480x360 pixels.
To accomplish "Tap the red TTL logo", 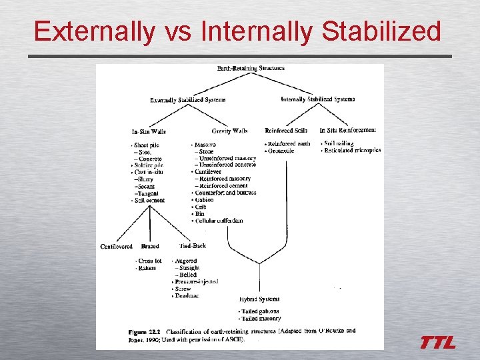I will coord(437,343).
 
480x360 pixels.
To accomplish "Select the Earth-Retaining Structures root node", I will coord(251,68).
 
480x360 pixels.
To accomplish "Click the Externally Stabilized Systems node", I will coord(187,101).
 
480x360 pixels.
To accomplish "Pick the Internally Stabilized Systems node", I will coord(318,99).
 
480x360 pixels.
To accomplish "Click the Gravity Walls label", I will coord(229,131).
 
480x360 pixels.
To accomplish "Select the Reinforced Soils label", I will coord(287,130).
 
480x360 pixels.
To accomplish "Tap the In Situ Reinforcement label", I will coord(348,130).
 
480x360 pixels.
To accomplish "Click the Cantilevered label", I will coord(116,247).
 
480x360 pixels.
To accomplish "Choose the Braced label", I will coord(150,247).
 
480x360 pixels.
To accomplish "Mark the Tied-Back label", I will coord(193,246).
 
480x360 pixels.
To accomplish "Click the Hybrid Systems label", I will coord(259,299).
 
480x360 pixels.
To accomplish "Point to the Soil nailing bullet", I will coord(339,143).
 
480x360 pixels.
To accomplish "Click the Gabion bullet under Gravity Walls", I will coord(205,199).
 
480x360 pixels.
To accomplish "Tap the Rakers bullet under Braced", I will coord(146,268).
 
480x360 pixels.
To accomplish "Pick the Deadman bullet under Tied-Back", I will coord(187,296).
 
